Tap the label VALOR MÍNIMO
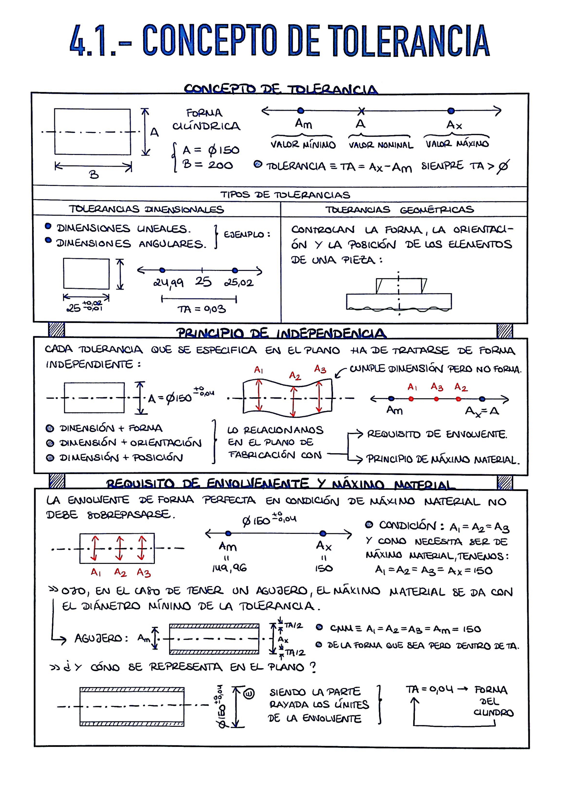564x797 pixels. click(x=303, y=145)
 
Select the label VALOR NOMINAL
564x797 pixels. click(x=381, y=145)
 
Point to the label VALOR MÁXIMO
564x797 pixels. click(x=457, y=144)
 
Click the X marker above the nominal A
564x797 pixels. click(x=361, y=111)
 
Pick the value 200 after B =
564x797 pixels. click(x=220, y=165)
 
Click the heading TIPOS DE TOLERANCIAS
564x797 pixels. click(x=285, y=195)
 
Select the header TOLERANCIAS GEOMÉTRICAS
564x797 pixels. click(x=399, y=210)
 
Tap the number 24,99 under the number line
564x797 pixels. click(x=169, y=283)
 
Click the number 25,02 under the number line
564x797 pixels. click(x=239, y=282)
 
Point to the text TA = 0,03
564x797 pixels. click(x=202, y=309)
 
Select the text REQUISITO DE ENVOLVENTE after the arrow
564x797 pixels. click(x=437, y=434)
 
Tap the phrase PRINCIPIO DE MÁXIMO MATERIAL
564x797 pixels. click(x=443, y=459)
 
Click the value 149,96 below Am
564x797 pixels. click(x=229, y=568)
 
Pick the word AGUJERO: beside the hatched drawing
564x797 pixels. click(x=101, y=638)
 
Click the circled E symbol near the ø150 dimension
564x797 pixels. click(x=249, y=693)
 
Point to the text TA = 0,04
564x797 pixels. click(x=430, y=689)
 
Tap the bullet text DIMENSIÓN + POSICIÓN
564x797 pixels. click(x=121, y=458)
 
